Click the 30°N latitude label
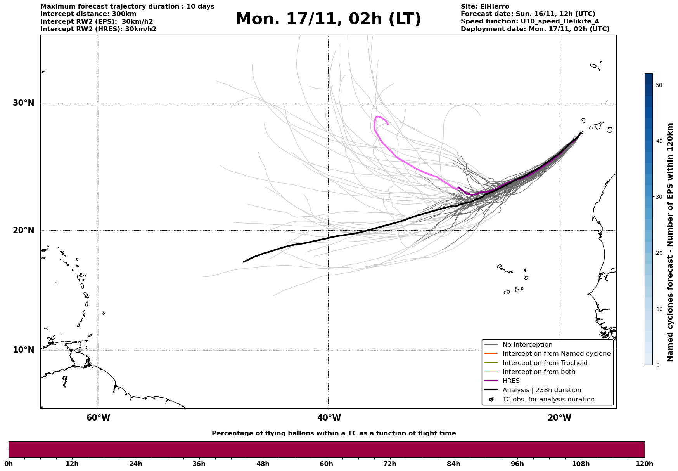click(23, 103)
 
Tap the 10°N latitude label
click(23, 350)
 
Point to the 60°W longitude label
click(98, 418)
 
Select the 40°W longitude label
click(329, 418)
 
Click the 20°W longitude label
click(559, 418)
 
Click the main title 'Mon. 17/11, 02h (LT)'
click(328, 19)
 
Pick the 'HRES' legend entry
click(511, 381)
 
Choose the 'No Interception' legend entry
click(527, 345)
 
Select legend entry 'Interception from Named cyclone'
click(556, 354)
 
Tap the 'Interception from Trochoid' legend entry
click(545, 363)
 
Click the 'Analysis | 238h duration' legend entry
click(541, 390)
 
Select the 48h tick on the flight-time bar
click(263, 464)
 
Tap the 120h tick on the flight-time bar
click(644, 464)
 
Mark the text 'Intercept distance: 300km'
click(88, 14)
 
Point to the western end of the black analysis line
click(244, 262)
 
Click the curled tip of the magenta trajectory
click(387, 124)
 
